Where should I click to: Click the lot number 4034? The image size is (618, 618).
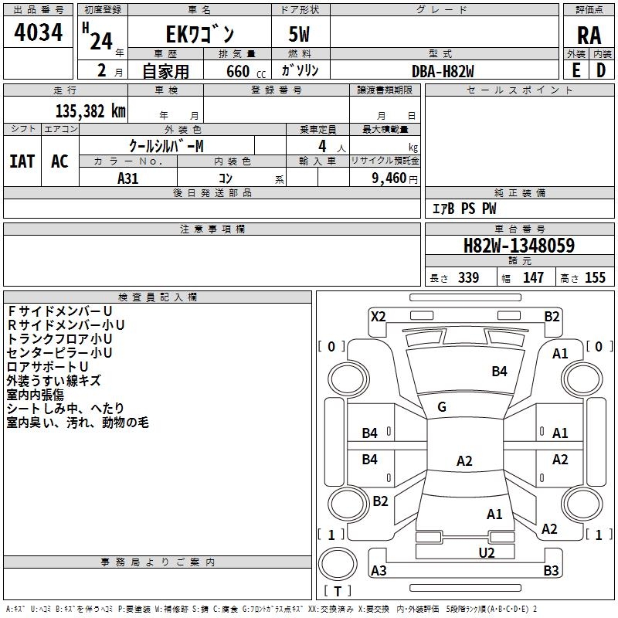coord(38,32)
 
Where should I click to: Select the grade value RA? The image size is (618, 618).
coord(589,36)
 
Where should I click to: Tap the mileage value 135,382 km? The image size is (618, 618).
coord(90,111)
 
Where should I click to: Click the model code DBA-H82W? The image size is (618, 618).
coord(443,71)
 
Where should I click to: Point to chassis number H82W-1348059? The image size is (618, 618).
coord(519,246)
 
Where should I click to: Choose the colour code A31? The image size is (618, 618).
coord(127,178)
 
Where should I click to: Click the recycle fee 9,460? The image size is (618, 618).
coord(389,178)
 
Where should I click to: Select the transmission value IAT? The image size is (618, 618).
coord(22,161)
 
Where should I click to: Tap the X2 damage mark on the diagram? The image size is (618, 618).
coord(378,317)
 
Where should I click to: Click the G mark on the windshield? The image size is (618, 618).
coord(442,407)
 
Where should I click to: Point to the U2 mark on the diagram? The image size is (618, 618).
coord(487,553)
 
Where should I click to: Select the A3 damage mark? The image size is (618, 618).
coord(379,570)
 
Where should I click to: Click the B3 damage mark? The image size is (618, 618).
coord(551,570)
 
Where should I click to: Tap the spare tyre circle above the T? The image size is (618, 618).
coord(338,564)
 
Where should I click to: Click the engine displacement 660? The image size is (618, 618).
coord(238,72)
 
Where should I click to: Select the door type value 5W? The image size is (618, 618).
coord(299,34)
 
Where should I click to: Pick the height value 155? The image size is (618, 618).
coord(595,277)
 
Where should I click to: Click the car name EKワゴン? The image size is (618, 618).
coord(200,34)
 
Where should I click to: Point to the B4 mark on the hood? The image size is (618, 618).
coord(499,372)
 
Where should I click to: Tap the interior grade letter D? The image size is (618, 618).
coord(601,70)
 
